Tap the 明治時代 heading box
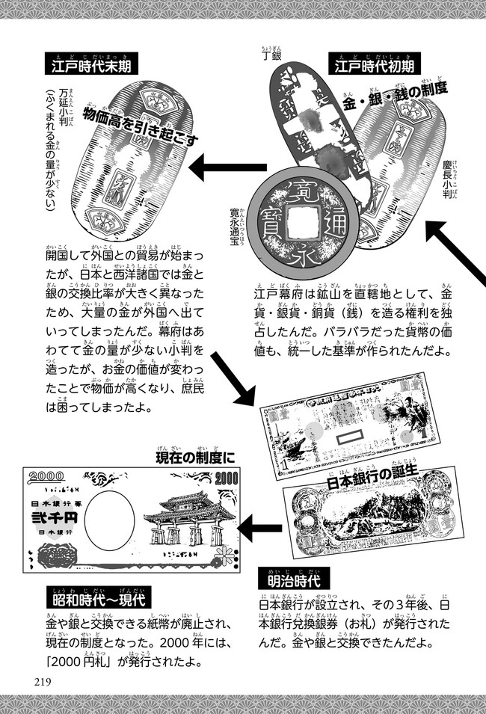coord(294,578)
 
